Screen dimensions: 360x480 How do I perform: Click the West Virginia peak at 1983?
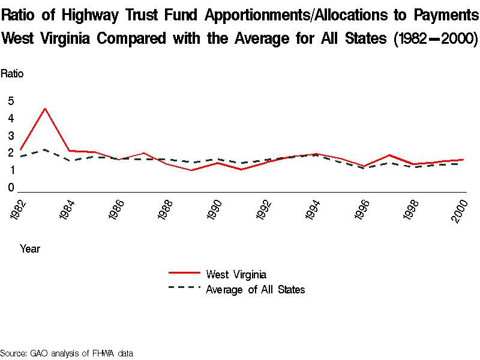click(45, 109)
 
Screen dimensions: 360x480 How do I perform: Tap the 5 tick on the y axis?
click(11, 101)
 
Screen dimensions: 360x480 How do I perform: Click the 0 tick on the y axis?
click(11, 188)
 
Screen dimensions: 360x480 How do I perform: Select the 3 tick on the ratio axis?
click(11, 136)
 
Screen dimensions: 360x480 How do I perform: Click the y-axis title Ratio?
click(12, 74)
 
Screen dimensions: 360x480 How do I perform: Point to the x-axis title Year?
click(30, 248)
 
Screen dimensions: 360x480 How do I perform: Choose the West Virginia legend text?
click(236, 275)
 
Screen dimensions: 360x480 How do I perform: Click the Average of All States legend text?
click(255, 290)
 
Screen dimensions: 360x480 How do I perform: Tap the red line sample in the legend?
click(184, 274)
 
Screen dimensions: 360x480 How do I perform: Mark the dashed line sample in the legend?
click(184, 288)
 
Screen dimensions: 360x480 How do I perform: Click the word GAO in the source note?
click(39, 353)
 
